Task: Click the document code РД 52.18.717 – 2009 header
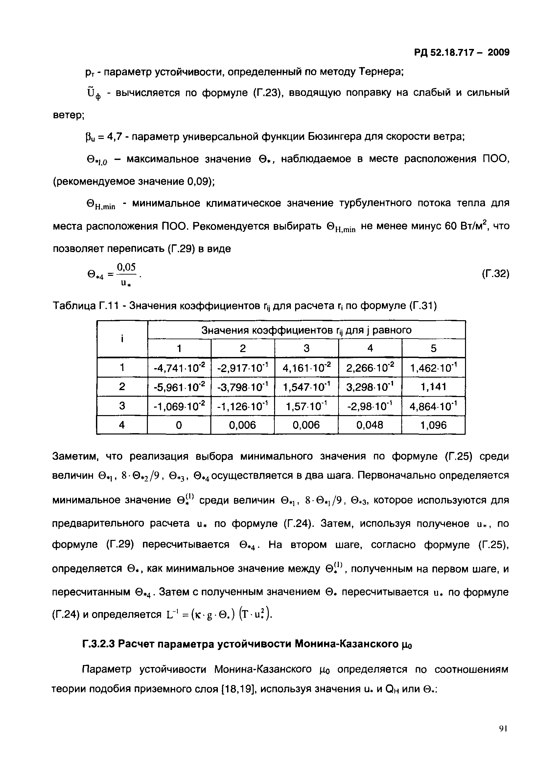461,52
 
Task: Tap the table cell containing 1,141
433,387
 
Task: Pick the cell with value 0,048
370,425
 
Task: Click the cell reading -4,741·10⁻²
179,368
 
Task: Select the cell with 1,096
433,425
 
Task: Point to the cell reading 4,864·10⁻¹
433,406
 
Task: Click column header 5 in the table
433,348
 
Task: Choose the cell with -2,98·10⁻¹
370,406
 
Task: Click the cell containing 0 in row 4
179,425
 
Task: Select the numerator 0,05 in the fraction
126,267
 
